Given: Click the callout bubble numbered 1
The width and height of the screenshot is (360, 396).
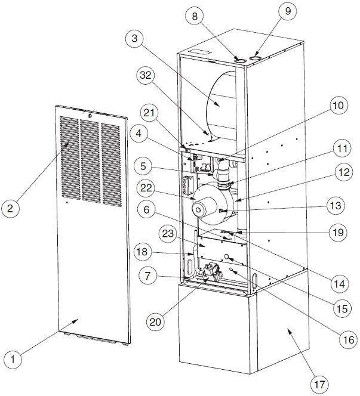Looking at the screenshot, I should [14, 360].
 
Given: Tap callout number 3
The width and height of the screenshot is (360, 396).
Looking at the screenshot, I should [136, 40].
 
